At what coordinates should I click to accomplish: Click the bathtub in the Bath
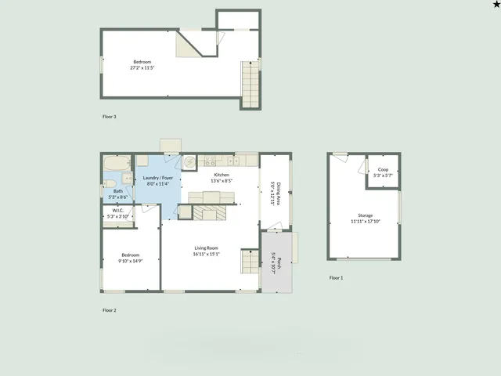pos(118,164)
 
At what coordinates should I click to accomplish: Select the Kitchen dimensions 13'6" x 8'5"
pos(221,181)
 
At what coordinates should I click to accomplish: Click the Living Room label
pos(207,248)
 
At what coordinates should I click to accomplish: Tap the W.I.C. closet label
pos(118,210)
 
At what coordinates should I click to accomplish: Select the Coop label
pos(383,169)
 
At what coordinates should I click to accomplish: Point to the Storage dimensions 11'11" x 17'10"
pos(366,221)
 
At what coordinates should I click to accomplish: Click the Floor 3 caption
pos(110,117)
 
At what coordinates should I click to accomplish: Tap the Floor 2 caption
pos(110,310)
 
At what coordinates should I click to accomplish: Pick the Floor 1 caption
pos(336,278)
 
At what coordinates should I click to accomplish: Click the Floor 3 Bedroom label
pos(142,62)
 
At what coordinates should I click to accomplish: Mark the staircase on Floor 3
pos(249,85)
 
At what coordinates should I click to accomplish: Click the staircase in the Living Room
pos(250,262)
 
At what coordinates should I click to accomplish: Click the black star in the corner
pos(495,5)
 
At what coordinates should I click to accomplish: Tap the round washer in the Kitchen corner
pos(189,161)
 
